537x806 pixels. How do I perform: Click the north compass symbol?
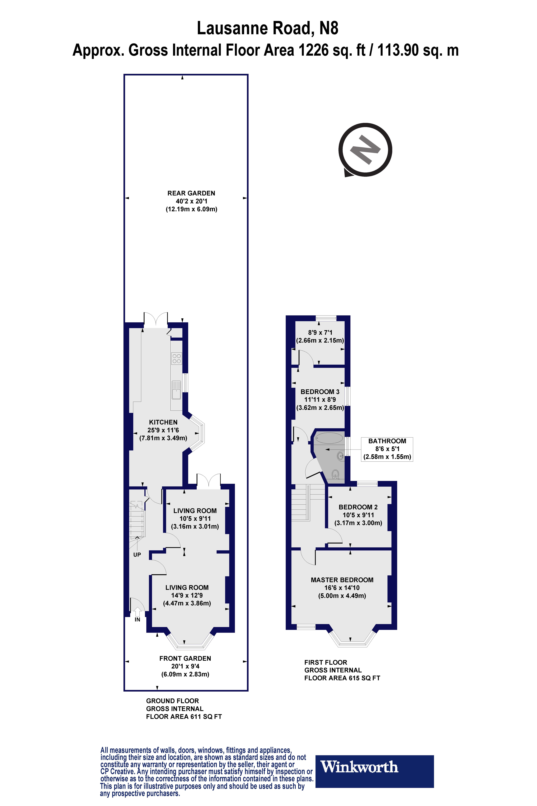coord(365,150)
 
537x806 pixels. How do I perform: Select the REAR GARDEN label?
coord(191,193)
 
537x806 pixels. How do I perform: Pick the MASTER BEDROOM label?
coord(342,580)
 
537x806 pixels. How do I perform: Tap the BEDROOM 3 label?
coord(320,392)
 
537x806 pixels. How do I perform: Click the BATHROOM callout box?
coord(387,449)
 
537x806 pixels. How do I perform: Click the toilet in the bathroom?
coord(335,474)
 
